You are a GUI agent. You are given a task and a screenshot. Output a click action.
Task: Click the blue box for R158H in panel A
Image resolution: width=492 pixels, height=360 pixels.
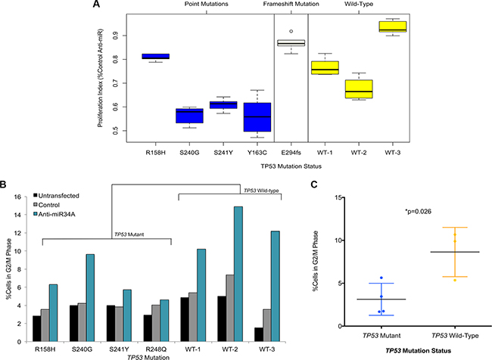pyautogui.click(x=157, y=56)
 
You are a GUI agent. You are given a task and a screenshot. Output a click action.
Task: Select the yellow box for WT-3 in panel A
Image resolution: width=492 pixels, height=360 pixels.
pyautogui.click(x=393, y=27)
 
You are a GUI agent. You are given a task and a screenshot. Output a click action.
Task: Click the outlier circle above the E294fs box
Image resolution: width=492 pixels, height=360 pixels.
pyautogui.click(x=291, y=31)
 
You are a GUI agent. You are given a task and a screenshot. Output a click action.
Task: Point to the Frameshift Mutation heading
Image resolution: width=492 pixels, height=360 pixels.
pyautogui.click(x=291, y=5)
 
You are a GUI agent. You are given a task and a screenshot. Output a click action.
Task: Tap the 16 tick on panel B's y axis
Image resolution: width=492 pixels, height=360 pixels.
pyautogui.click(x=25, y=197)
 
